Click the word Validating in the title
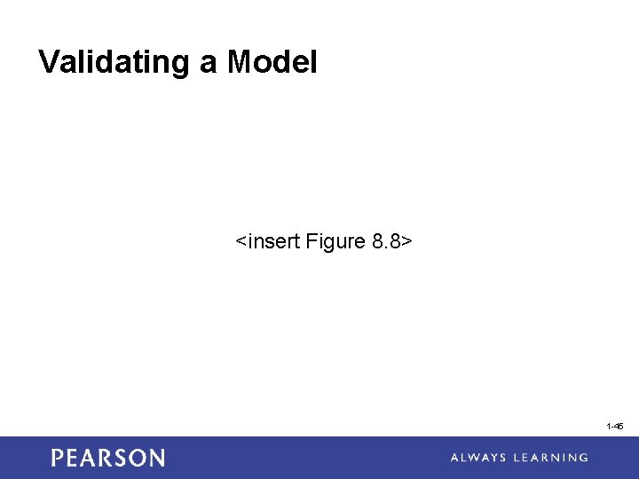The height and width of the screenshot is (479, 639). (x=111, y=62)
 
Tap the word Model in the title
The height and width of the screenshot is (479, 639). (x=272, y=62)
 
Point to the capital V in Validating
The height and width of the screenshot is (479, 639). (x=49, y=62)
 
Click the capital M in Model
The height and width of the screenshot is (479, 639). (x=241, y=62)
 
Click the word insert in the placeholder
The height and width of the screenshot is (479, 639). (x=274, y=241)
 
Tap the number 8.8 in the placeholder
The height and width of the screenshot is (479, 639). (x=386, y=241)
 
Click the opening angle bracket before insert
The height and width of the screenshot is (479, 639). (x=241, y=242)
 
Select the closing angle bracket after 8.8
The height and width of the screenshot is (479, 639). (x=406, y=242)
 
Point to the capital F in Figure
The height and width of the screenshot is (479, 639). (x=312, y=241)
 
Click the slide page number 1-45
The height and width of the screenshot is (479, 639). (x=615, y=427)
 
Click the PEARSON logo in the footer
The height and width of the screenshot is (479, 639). (x=107, y=458)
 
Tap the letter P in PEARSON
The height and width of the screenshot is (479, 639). (x=58, y=458)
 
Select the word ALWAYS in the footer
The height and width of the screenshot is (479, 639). (x=480, y=458)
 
